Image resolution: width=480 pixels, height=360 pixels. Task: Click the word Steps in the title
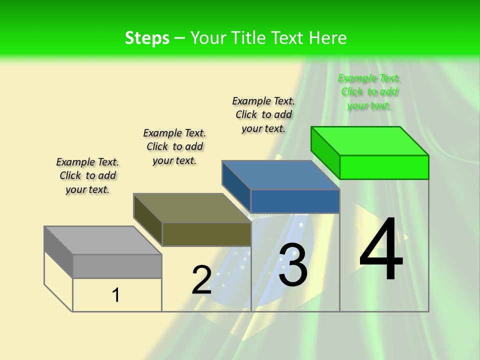pos(147,38)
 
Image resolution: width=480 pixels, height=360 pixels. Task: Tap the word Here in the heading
pos(328,38)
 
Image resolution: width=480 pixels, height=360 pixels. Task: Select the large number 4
pos(381,250)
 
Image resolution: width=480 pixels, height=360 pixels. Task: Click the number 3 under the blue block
pos(293,265)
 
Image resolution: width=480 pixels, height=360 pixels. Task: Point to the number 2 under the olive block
pos(201,280)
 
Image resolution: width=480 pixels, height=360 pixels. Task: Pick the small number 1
pos(116,295)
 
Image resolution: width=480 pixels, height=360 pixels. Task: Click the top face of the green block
pos(370,141)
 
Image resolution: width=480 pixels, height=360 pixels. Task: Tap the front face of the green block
pos(384,167)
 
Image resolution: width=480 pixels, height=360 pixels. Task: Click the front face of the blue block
pos(295,201)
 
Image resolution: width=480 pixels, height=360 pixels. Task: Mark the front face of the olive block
pos(206,234)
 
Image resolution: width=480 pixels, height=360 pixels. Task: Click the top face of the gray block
pos(103,240)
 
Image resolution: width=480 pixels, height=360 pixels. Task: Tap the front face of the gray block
pos(117,266)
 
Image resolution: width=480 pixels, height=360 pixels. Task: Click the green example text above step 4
pos(369,91)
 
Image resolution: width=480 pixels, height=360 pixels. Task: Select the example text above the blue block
pos(263,114)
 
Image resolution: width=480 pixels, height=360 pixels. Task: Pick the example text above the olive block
pos(174,146)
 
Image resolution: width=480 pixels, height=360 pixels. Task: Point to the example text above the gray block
pos(87,175)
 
